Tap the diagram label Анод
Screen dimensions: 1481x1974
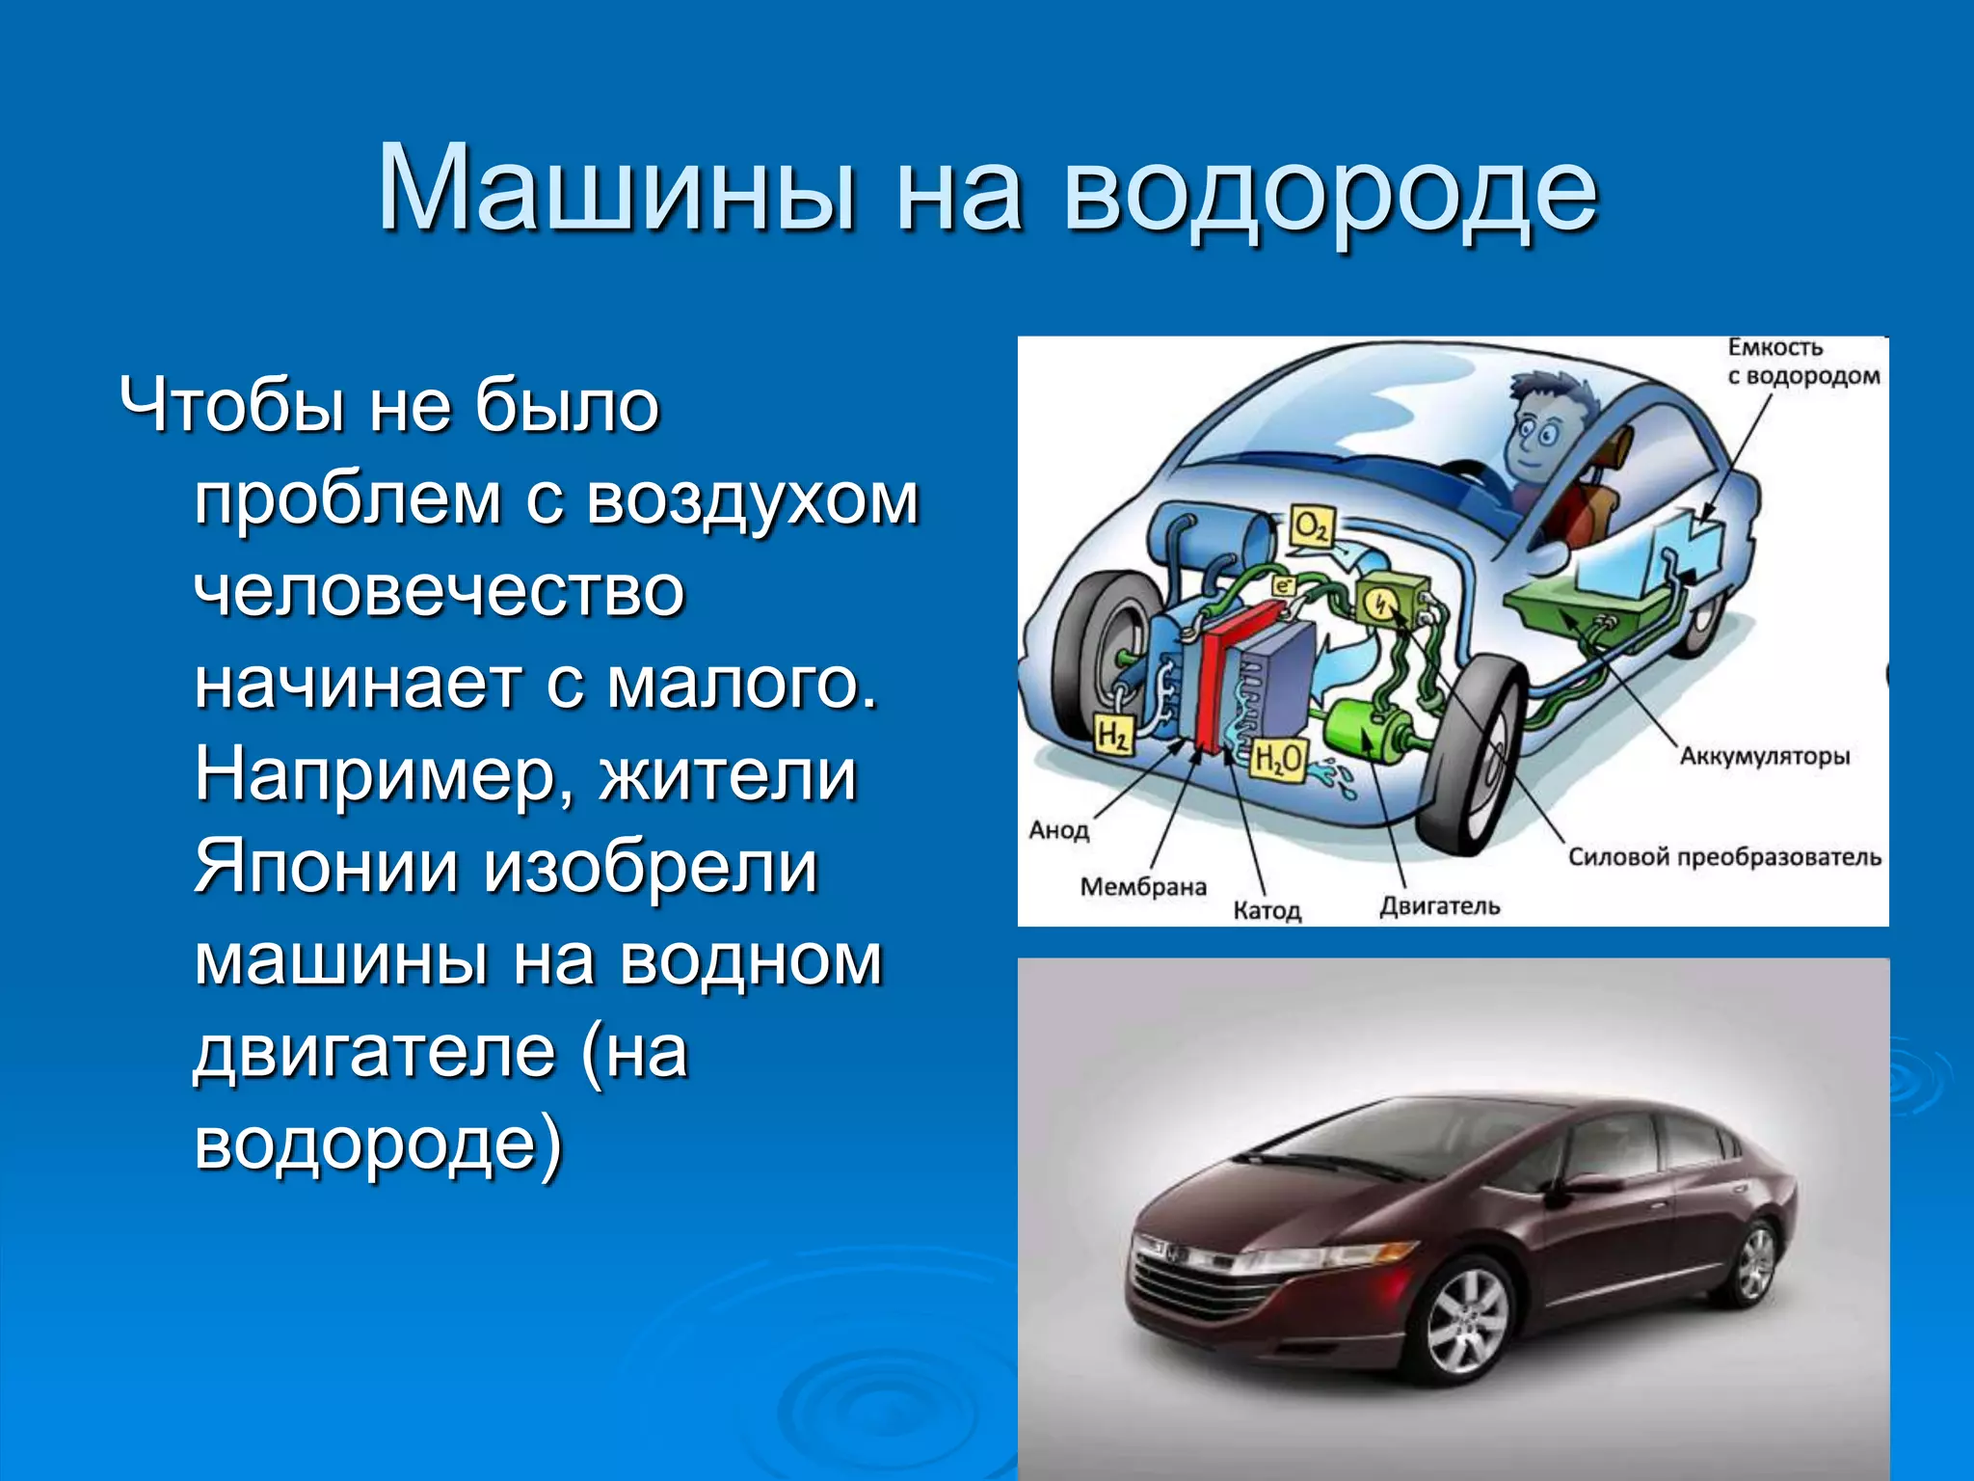click(1058, 830)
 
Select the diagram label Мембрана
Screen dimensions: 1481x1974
click(1143, 887)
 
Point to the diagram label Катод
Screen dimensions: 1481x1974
click(1267, 910)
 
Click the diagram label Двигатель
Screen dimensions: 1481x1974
click(1439, 906)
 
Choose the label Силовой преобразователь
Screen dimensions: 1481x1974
click(1723, 857)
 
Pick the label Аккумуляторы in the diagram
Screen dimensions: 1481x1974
click(1765, 756)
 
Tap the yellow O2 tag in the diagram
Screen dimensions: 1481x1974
click(1313, 527)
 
